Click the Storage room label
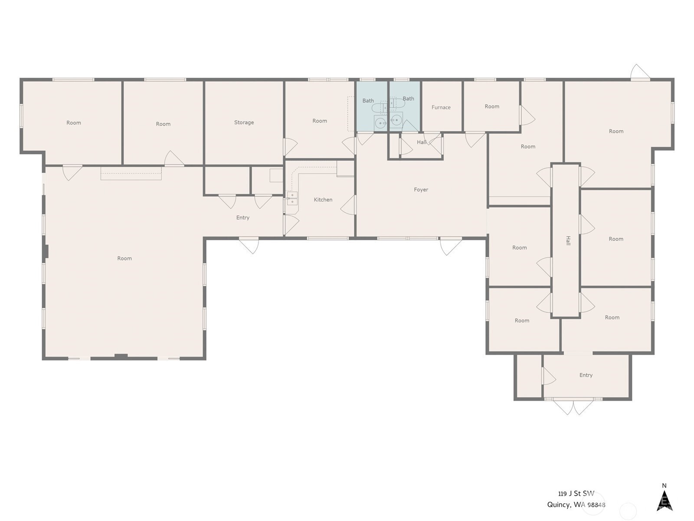tap(244, 122)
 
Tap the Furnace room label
tap(441, 107)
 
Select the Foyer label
tap(421, 190)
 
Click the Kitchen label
tap(323, 200)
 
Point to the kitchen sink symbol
tap(292, 198)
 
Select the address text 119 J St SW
tap(576, 494)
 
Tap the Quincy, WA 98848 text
tap(576, 505)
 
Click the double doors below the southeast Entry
tap(573, 406)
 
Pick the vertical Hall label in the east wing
tap(568, 241)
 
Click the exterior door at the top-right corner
tap(641, 73)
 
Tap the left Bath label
tap(368, 101)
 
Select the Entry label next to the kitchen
tap(242, 218)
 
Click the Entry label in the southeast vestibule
tap(586, 375)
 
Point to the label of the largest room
tap(124, 258)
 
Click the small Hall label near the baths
tap(421, 142)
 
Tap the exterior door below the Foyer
tap(451, 246)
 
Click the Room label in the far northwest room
tap(73, 123)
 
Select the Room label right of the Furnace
tap(491, 106)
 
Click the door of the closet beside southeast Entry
tap(548, 376)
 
